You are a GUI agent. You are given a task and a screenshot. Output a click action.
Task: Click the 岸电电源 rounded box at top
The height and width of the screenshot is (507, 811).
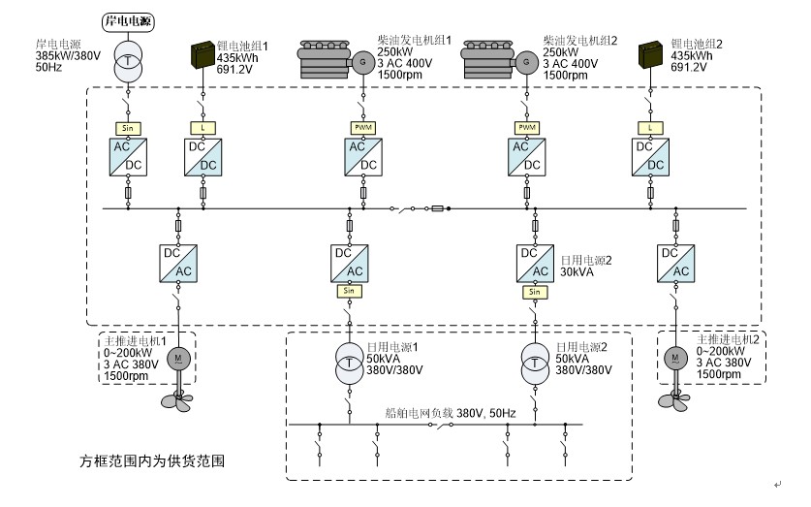(x=128, y=20)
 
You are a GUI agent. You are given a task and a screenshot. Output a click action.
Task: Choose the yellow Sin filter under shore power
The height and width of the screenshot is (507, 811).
(x=128, y=127)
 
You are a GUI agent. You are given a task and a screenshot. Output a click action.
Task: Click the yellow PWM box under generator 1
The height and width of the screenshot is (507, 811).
(x=363, y=127)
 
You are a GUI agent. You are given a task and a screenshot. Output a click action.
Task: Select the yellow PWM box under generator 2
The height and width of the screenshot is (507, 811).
(x=527, y=127)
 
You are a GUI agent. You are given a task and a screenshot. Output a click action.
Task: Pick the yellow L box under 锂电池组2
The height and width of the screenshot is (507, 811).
(x=649, y=127)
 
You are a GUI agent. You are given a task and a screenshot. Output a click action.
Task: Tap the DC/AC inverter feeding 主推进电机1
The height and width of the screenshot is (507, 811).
(x=178, y=261)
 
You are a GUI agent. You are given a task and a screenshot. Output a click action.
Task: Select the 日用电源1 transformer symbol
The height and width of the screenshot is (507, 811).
(x=349, y=360)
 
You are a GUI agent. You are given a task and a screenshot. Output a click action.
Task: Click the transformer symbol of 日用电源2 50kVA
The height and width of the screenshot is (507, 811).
(x=533, y=360)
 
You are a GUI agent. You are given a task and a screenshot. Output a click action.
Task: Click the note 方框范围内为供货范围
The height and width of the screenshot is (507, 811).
(x=155, y=457)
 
